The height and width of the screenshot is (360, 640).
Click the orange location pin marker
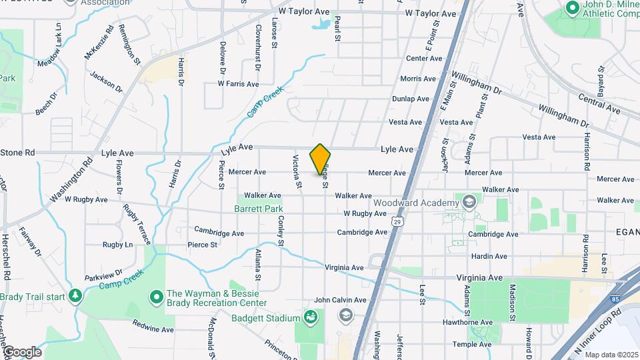coord(320,159)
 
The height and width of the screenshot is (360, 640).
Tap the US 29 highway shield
coord(397,221)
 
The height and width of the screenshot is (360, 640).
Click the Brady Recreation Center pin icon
coord(157,295)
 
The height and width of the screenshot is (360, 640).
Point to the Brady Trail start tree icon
coord(75,295)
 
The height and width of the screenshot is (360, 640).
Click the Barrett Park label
coord(259,209)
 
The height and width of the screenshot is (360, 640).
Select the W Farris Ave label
coord(238,84)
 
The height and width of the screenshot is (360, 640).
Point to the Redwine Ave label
coord(153,329)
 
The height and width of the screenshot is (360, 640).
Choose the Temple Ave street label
coord(472,344)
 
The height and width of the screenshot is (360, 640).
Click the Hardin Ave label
coord(489,256)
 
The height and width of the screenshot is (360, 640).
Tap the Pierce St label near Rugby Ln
coord(203,245)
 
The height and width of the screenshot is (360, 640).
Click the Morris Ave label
coord(418,79)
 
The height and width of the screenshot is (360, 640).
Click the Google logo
coord(22,352)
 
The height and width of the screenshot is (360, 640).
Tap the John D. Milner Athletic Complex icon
coord(571,8)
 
